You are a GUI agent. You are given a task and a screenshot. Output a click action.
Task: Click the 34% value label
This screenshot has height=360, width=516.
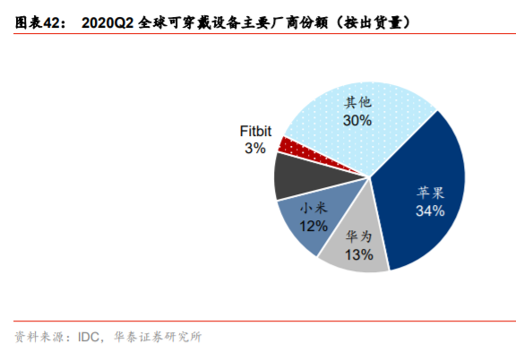pos(430,210)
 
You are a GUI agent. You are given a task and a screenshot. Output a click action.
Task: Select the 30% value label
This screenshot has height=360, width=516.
pos(357,119)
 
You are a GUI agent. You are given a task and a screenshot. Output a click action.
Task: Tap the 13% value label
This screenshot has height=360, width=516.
pos(358,256)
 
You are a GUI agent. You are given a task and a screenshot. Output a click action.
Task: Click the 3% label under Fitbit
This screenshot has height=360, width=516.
pos(254,148)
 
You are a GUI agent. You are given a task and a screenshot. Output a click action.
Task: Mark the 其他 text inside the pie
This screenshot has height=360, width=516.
pos(357,102)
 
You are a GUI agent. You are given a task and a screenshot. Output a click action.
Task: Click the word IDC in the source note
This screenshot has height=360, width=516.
pos(89,338)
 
